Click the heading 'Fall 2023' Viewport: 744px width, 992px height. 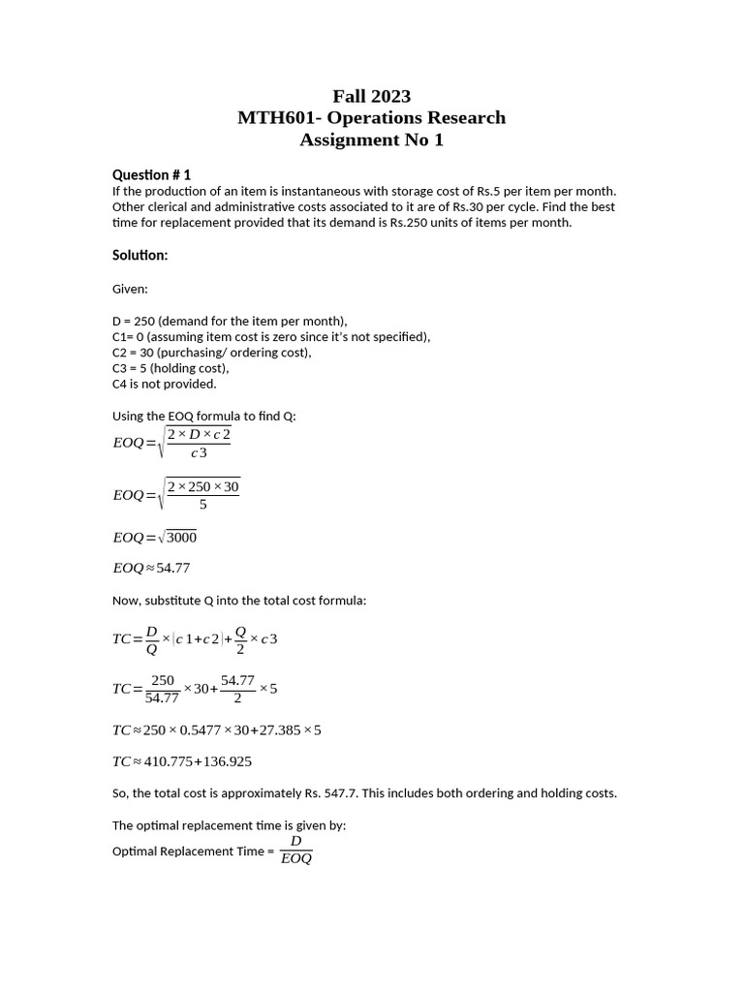coord(371,95)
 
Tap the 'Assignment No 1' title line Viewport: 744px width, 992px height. coord(371,139)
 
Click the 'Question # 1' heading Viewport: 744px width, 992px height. coord(151,174)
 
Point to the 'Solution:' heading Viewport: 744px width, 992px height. coord(139,255)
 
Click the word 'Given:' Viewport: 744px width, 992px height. coord(131,289)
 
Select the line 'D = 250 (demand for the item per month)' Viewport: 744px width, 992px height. coord(230,321)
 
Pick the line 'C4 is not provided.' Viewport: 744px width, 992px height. coord(164,384)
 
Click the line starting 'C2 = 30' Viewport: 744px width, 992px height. coord(211,353)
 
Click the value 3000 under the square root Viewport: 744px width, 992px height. coord(180,538)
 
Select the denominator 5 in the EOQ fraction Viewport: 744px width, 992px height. coord(202,505)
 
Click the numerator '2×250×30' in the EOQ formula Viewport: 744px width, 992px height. coord(202,486)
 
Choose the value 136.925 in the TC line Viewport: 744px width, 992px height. coord(227,761)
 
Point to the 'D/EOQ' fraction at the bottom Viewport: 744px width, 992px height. coord(295,851)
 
